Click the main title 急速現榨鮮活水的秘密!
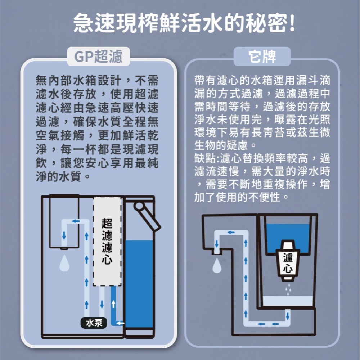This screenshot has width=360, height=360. [180, 24]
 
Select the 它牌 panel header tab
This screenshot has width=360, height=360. [262, 57]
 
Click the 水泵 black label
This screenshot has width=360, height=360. [93, 323]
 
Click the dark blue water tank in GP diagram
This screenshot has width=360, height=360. [140, 284]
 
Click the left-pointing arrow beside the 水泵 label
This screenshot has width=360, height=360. [120, 323]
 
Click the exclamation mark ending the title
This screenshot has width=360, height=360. [292, 24]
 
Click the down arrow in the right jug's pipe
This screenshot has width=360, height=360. [287, 316]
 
